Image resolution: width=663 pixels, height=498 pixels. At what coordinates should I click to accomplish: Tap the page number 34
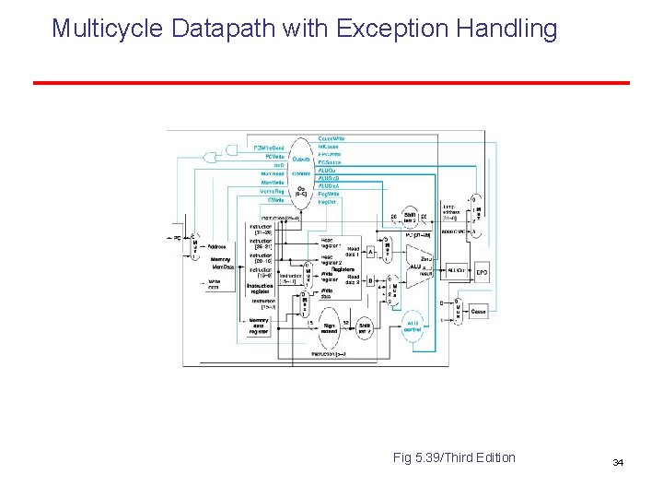coord(617,461)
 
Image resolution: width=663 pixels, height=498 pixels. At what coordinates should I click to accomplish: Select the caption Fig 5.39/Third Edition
coord(454,457)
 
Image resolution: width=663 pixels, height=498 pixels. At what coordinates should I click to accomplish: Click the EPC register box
coord(482,273)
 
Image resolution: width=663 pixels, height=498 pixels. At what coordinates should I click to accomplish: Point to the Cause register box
coord(478,313)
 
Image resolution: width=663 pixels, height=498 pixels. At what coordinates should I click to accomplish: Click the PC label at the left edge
coord(177,238)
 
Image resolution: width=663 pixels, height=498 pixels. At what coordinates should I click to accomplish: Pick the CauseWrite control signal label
coord(332,137)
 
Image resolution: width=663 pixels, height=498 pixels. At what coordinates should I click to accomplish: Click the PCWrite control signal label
coord(273,157)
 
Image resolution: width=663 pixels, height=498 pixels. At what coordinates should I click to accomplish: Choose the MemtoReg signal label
coord(273,191)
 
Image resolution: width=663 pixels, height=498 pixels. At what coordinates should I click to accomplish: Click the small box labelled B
coord(370,279)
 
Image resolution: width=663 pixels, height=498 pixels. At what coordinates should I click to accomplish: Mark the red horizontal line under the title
coord(331,83)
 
